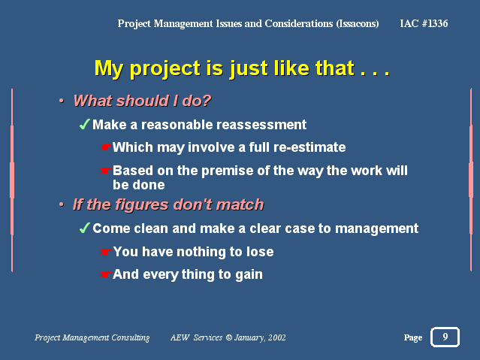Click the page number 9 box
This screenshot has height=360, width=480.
click(445, 337)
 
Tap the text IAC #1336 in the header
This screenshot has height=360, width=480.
click(424, 23)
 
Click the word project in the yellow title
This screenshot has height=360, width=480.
click(165, 69)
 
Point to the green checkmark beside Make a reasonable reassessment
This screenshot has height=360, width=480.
click(84, 125)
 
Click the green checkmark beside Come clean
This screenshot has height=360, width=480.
click(84, 228)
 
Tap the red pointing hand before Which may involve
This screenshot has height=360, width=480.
click(106, 147)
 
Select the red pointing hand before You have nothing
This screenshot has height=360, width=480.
click(106, 252)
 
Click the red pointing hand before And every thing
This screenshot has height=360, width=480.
click(106, 274)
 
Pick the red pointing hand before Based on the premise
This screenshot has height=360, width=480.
click(106, 171)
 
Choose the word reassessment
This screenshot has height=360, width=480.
click(261, 125)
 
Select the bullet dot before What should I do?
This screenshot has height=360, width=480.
click(62, 101)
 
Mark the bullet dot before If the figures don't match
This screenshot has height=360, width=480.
click(62, 204)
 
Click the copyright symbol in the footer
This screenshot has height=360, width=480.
click(228, 337)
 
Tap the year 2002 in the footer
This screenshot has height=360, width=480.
click(277, 337)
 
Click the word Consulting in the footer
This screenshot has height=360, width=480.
click(131, 337)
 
